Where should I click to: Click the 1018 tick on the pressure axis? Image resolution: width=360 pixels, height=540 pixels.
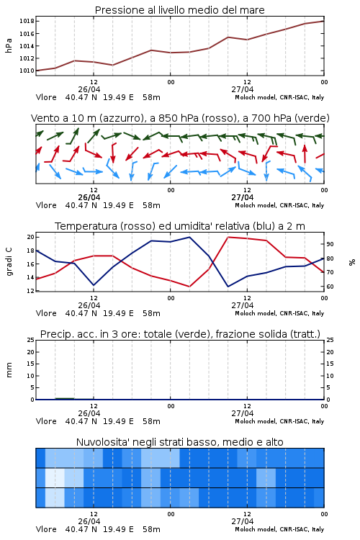click(27, 22)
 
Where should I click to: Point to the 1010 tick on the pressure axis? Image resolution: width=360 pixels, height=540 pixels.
click(27, 71)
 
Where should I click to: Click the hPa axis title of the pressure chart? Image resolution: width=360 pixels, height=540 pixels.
click(9, 45)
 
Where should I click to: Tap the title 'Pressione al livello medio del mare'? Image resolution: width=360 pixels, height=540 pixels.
click(180, 10)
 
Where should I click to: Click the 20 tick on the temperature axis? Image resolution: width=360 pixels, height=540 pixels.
click(31, 238)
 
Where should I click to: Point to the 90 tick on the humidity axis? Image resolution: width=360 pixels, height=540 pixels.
click(330, 244)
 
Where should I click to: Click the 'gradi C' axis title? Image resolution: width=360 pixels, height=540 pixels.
click(9, 262)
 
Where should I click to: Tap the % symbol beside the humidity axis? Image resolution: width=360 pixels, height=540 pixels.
click(352, 262)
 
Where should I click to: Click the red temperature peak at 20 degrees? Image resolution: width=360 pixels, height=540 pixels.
click(228, 237)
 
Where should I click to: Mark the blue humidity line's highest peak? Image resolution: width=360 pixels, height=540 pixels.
click(189, 237)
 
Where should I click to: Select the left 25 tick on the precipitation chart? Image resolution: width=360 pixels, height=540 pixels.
click(31, 340)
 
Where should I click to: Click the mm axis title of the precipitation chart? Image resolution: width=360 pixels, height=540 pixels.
click(9, 370)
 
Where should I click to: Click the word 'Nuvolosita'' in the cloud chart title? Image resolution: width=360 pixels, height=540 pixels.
click(99, 442)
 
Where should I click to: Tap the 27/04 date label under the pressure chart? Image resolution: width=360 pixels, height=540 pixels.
click(243, 89)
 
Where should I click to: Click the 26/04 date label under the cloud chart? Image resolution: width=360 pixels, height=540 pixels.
click(89, 521)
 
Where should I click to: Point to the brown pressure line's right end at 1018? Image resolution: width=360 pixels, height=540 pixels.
click(324, 21)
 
